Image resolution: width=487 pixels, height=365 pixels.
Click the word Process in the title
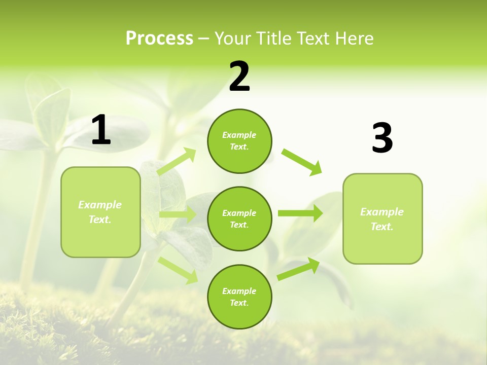[159, 39]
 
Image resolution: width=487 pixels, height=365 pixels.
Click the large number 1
[101, 130]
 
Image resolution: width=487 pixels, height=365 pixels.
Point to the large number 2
[239, 77]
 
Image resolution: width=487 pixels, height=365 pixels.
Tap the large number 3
[382, 138]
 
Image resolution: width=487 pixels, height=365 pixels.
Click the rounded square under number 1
[100, 212]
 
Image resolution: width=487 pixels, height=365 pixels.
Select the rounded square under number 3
[382, 218]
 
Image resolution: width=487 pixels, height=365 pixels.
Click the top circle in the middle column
[239, 141]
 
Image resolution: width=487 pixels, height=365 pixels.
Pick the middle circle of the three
[239, 218]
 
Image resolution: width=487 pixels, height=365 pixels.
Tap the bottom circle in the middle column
[239, 297]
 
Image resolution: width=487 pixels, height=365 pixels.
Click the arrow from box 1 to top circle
[177, 162]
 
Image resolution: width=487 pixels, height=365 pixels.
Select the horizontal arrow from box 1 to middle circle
[178, 214]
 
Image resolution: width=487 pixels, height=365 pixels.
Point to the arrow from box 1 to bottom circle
[178, 270]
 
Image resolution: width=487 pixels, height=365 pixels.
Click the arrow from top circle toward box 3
[301, 162]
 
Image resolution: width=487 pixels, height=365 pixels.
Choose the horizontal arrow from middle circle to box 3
[300, 213]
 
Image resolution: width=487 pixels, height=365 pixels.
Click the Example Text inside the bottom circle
[239, 297]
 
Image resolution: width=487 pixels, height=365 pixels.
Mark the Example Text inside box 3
[382, 219]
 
